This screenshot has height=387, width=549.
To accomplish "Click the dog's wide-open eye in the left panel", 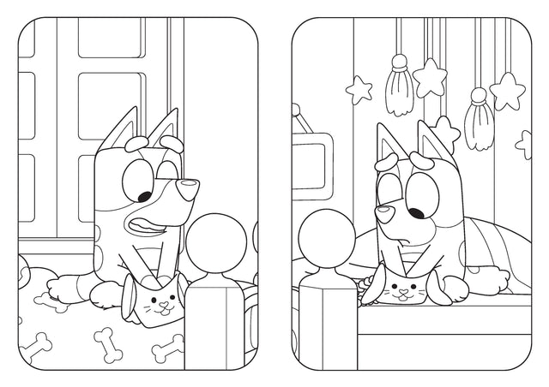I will click(136, 182).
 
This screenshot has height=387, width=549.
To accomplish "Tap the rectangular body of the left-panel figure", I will click(217, 330).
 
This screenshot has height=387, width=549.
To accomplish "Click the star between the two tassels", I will click(431, 74).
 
